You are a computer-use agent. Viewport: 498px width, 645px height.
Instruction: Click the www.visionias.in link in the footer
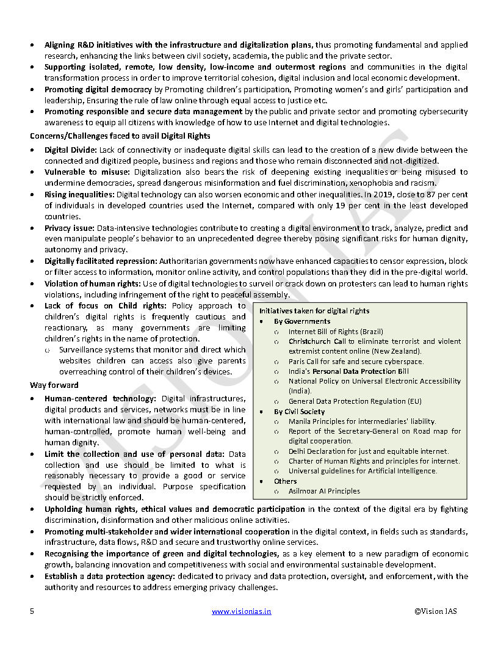(241, 611)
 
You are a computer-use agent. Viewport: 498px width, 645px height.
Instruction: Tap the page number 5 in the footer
(32, 611)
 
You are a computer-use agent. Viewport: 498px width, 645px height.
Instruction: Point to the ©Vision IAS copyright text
(435, 611)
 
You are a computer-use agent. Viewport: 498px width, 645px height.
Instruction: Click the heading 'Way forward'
(54, 385)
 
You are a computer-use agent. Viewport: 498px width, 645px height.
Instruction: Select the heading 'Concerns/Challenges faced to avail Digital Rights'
(120, 136)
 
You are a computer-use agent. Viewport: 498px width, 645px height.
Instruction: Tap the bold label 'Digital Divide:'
(70, 150)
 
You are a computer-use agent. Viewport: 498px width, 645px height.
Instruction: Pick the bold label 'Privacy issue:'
(69, 228)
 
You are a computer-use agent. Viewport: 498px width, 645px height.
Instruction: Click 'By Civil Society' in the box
(299, 412)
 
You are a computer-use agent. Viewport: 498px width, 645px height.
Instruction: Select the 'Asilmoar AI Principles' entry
(324, 491)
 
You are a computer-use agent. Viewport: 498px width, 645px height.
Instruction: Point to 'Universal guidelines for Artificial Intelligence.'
(363, 471)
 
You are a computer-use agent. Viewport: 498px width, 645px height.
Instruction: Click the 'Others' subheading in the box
(285, 481)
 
